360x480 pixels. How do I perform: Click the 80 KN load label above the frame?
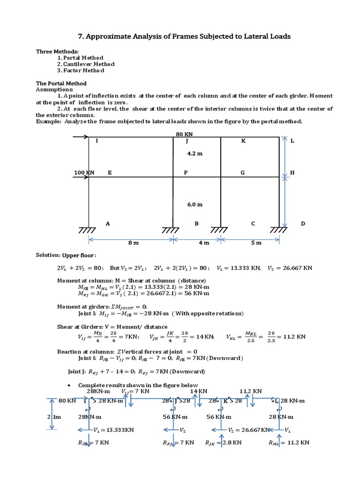[x=184, y=134]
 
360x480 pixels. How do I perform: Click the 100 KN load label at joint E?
[x=84, y=172]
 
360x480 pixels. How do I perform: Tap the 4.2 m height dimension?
[x=195, y=153]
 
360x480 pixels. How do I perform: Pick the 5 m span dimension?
[x=256, y=243]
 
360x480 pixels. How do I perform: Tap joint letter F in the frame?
[x=186, y=172]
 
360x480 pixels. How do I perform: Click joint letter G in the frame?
[x=243, y=172]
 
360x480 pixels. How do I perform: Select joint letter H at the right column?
[x=292, y=172]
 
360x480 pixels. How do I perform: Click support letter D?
[x=303, y=224]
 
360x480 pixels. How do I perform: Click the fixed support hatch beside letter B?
[x=174, y=230]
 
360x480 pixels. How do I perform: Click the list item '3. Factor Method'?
[x=81, y=70]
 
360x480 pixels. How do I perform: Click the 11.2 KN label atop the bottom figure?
[x=251, y=391]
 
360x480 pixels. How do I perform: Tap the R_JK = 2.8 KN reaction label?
[x=224, y=442]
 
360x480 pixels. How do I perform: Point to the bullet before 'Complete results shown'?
[x=69, y=385]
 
